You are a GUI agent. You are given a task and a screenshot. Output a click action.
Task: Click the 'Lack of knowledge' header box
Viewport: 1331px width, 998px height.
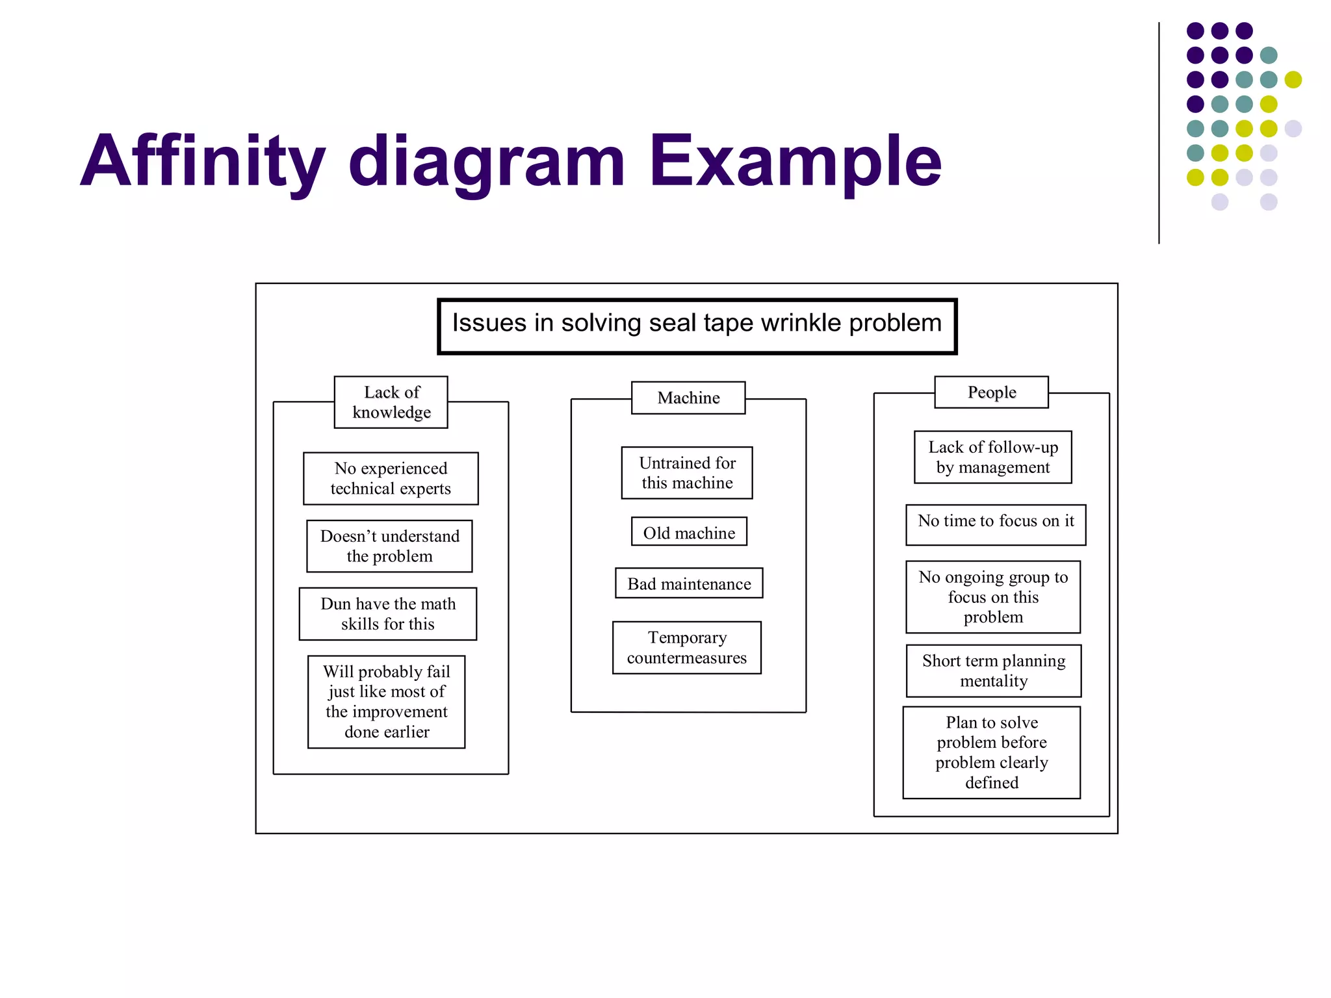tap(391, 402)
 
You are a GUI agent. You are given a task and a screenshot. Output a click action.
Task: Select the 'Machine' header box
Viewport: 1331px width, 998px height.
tap(688, 398)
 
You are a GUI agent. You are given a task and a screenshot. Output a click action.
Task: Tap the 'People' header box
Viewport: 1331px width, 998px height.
tap(991, 392)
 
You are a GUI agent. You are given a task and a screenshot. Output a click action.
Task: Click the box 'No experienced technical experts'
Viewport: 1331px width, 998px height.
tap(391, 478)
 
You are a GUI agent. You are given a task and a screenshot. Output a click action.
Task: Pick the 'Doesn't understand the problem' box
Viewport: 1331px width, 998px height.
tap(389, 546)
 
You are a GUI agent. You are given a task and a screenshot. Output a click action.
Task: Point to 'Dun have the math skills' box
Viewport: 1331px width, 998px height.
tap(388, 614)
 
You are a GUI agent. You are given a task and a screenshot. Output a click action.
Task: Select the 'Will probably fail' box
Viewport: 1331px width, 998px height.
tap(387, 702)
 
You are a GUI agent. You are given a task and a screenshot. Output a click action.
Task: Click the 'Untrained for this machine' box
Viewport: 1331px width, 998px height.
tap(687, 473)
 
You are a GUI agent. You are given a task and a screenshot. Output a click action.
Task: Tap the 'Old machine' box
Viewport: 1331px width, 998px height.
tap(689, 532)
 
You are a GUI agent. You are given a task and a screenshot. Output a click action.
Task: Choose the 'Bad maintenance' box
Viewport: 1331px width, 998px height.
tap(689, 583)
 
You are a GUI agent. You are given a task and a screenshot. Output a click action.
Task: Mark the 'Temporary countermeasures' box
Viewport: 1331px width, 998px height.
tap(687, 648)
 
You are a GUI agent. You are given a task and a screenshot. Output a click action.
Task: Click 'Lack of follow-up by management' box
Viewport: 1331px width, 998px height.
tap(993, 457)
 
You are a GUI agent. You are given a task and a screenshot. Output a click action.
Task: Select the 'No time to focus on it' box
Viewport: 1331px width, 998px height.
tap(996, 524)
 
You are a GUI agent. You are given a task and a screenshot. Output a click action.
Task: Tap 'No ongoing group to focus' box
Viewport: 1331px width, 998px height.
tap(993, 596)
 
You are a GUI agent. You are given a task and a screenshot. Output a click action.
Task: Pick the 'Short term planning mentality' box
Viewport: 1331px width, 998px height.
tap(994, 671)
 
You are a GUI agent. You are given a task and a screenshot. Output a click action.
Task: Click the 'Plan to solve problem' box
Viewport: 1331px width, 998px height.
tap(992, 752)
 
